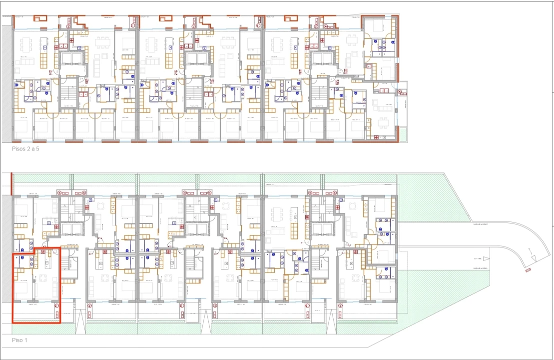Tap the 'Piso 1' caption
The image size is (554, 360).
[x=20, y=340]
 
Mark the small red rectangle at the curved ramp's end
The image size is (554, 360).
[x=528, y=270]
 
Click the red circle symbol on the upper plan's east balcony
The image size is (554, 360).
[x=402, y=92]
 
